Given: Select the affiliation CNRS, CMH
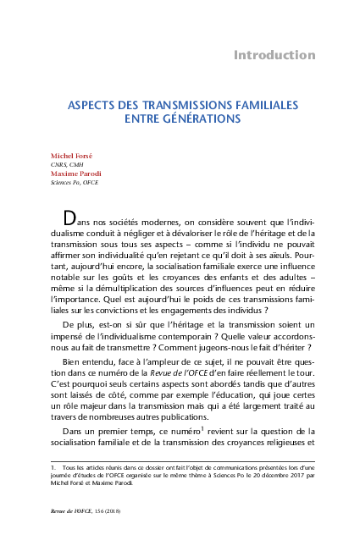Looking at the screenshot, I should [69, 166].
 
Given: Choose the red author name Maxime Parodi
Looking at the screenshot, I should [75, 174].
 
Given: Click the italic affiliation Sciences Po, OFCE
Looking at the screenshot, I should [76, 182].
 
